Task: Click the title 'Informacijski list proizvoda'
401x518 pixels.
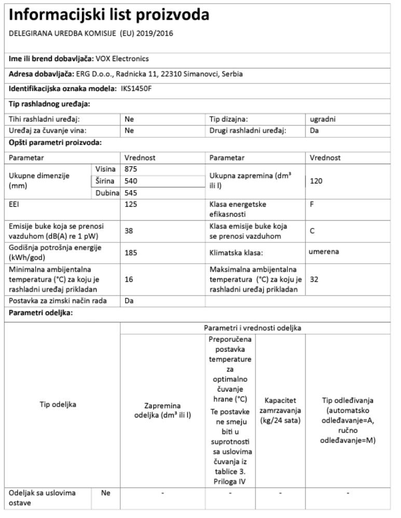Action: pyautogui.click(x=109, y=15)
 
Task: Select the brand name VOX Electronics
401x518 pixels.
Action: pyautogui.click(x=122, y=59)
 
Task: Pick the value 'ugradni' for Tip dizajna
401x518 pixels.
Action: pyautogui.click(x=322, y=119)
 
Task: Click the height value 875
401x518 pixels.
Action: pyautogui.click(x=131, y=169)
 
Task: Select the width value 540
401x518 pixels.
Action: pyautogui.click(x=131, y=181)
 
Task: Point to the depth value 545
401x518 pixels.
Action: pyautogui.click(x=131, y=193)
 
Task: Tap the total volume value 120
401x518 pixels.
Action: pyautogui.click(x=316, y=181)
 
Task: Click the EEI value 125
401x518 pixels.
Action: pyautogui.click(x=131, y=205)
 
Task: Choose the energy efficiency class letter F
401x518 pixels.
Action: pyautogui.click(x=312, y=205)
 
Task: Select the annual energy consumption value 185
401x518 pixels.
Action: pyautogui.click(x=131, y=253)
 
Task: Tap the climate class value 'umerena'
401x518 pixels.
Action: pyautogui.click(x=324, y=252)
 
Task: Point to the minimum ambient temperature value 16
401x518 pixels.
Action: pyautogui.click(x=129, y=279)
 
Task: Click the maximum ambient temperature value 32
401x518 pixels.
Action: pyautogui.click(x=314, y=279)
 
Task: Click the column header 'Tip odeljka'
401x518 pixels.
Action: pyautogui.click(x=58, y=405)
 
